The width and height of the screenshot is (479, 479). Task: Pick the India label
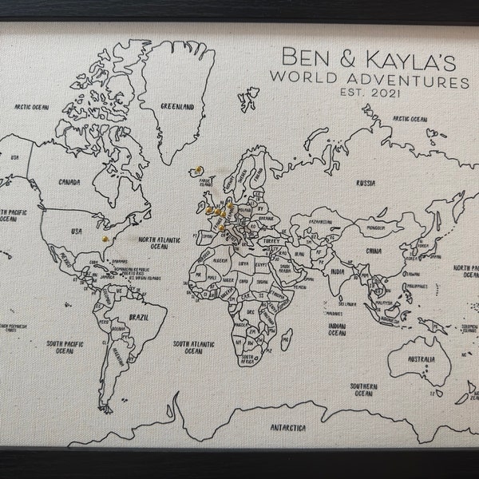[x=338, y=271]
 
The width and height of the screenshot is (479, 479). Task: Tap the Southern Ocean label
[x=363, y=390]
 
